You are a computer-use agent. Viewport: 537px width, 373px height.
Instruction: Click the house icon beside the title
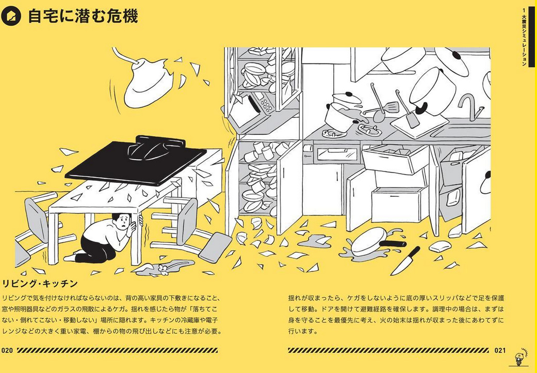point(11,16)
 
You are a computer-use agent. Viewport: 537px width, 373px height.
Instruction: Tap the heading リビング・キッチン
point(40,284)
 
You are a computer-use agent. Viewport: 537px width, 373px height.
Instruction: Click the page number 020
point(7,350)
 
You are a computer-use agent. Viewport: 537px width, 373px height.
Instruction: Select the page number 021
point(500,350)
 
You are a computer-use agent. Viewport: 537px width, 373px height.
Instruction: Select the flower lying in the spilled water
point(164,270)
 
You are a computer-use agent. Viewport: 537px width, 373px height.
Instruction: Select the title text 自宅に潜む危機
point(83,16)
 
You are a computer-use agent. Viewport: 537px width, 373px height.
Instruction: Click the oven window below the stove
point(337,153)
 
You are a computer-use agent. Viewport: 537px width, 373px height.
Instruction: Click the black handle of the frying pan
point(393,244)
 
